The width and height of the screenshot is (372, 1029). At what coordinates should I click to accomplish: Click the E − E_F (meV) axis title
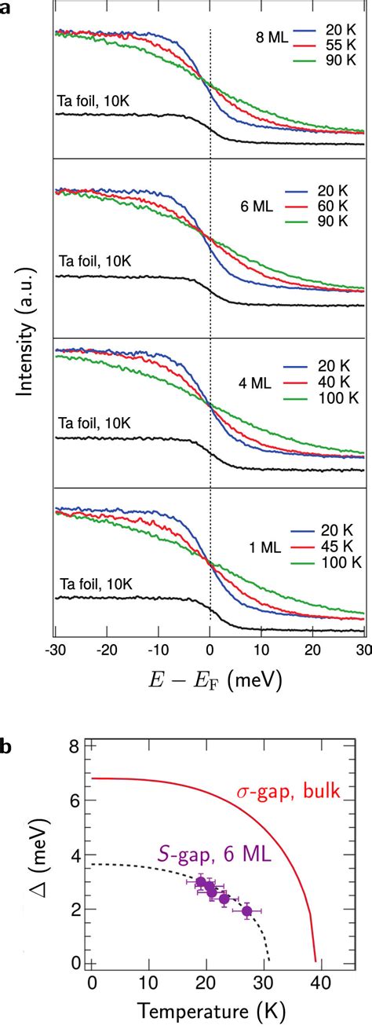(209, 678)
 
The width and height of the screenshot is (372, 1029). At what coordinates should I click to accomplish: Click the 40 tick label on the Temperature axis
(317, 980)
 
